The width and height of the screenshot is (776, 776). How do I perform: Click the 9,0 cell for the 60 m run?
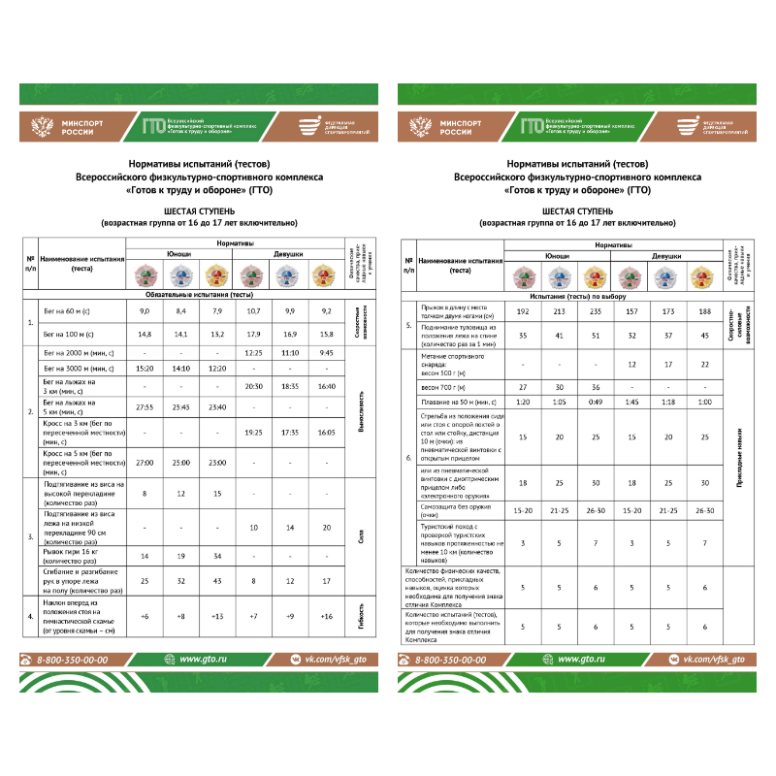tap(145, 310)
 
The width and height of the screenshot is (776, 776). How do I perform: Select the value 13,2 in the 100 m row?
tap(219, 333)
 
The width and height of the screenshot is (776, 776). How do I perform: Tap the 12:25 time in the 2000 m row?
tap(256, 353)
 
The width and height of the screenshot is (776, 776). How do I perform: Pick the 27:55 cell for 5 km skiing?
tap(145, 406)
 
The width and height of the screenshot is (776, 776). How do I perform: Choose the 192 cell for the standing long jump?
tap(523, 312)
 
